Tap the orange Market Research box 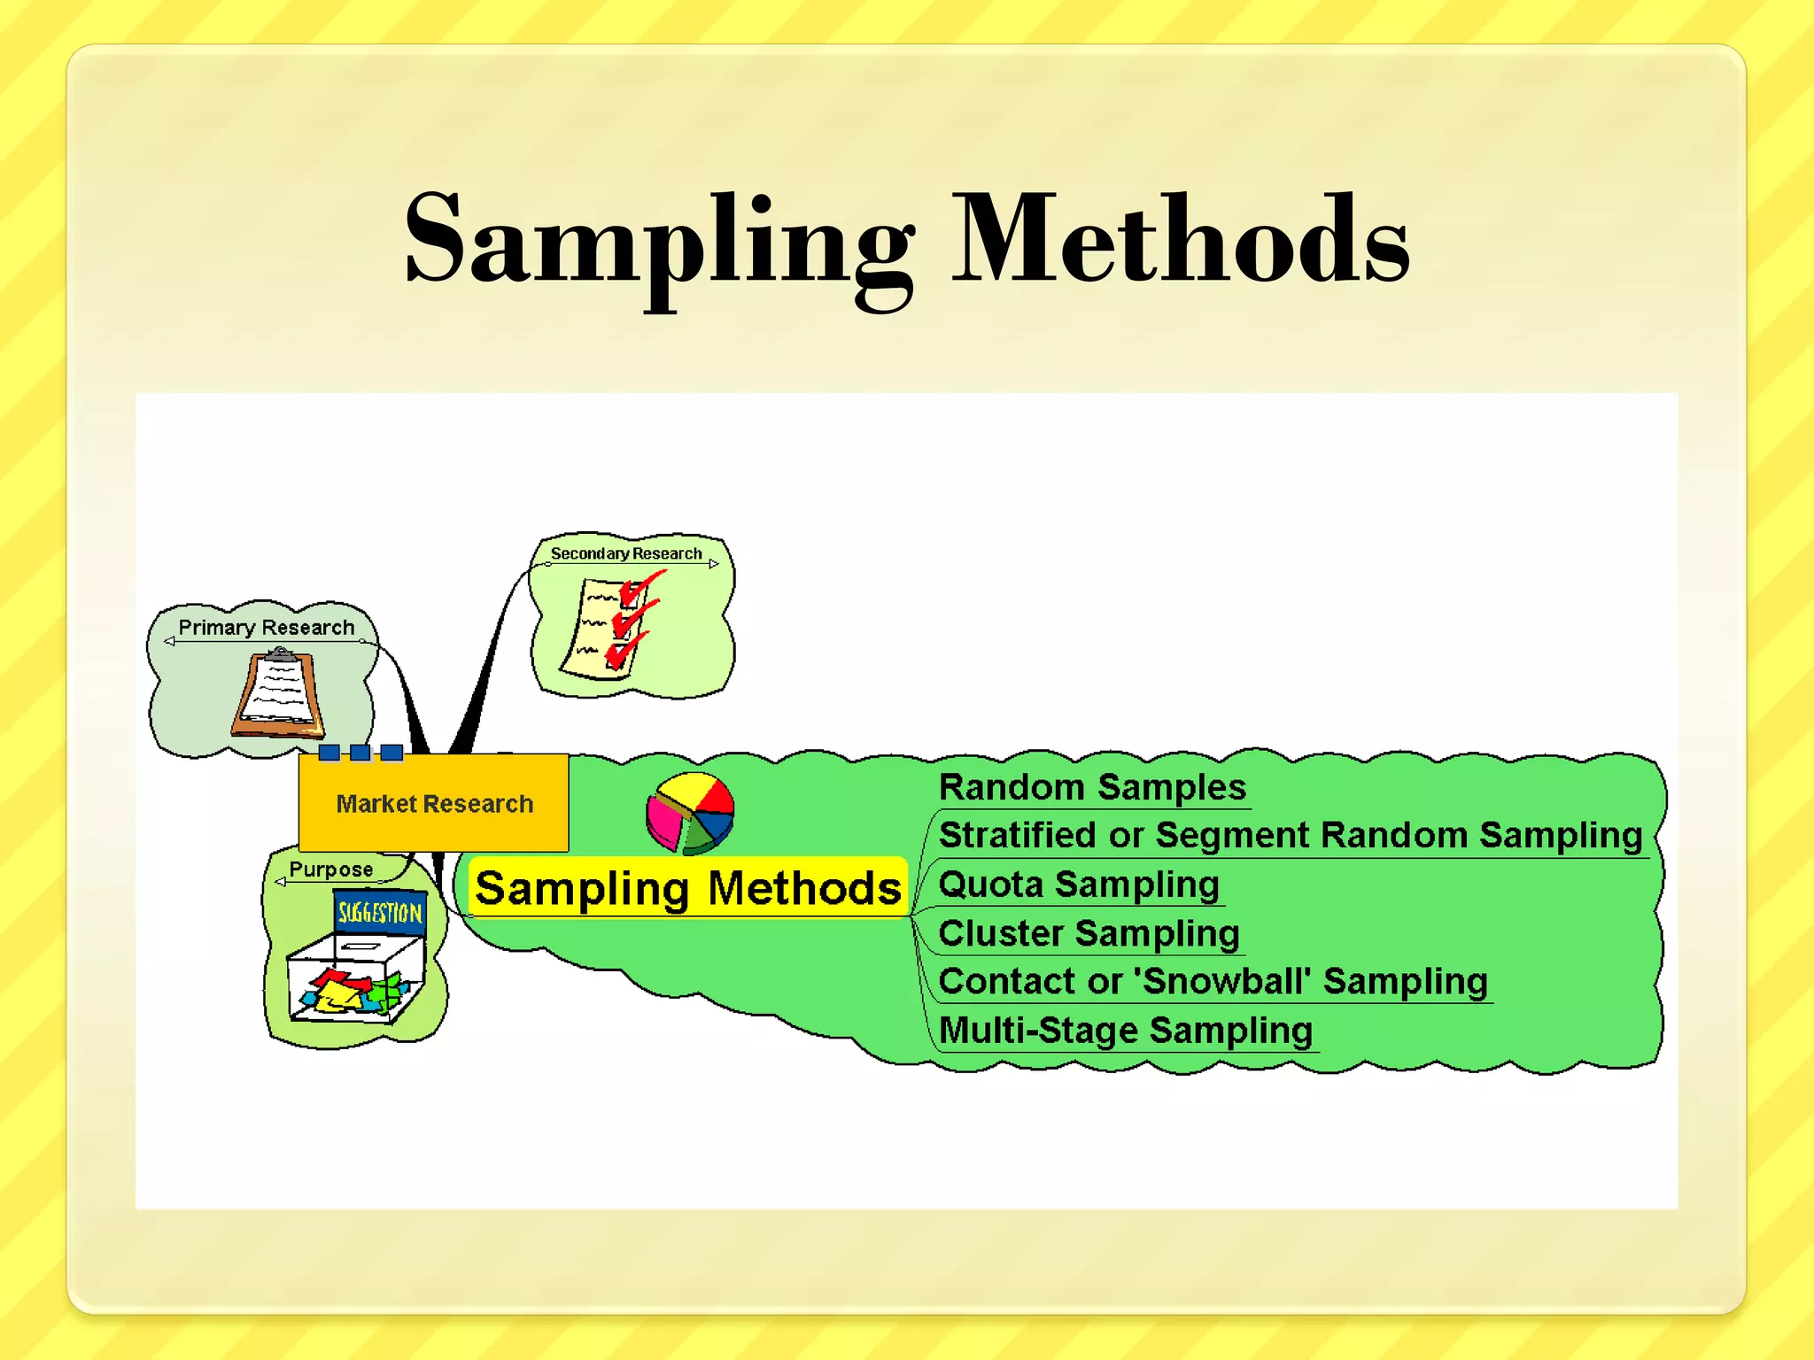tap(433, 803)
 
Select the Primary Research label tap(266, 628)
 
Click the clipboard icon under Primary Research tap(278, 694)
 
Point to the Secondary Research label tap(626, 554)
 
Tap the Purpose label tap(331, 869)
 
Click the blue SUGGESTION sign tap(380, 912)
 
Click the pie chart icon tap(689, 813)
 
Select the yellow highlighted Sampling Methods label tap(687, 888)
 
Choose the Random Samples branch tap(1092, 787)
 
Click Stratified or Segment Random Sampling tap(1290, 835)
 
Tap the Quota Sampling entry tap(1079, 885)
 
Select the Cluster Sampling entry tap(1089, 933)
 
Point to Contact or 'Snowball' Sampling tap(1213, 981)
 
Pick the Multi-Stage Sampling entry tap(1125, 1031)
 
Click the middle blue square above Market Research tap(360, 753)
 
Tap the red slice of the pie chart tap(714, 795)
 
